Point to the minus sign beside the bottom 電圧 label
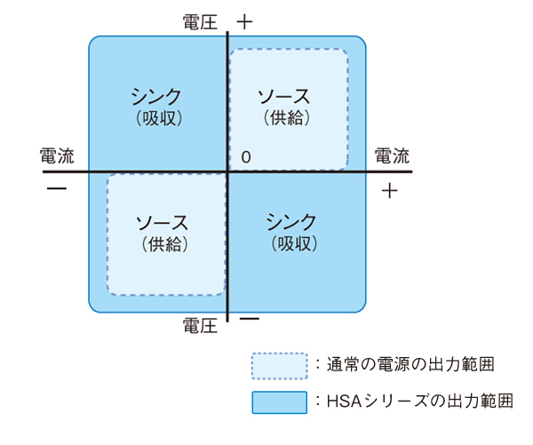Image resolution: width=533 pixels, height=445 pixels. click(x=249, y=318)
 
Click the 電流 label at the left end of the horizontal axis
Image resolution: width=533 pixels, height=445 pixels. click(x=58, y=155)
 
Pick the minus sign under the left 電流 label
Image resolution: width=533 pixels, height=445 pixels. click(x=57, y=189)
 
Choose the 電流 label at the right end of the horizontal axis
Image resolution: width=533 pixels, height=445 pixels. click(x=392, y=155)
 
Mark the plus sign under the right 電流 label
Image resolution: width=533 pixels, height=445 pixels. click(x=392, y=190)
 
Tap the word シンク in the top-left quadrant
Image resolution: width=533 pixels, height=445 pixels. click(x=156, y=95)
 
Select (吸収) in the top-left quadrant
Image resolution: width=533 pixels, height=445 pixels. click(x=156, y=115)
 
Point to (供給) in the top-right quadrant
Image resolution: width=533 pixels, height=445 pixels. click(x=285, y=115)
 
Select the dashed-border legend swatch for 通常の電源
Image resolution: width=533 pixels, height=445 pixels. click(x=278, y=364)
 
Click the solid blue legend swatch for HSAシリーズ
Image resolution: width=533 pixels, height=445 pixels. click(x=278, y=401)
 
